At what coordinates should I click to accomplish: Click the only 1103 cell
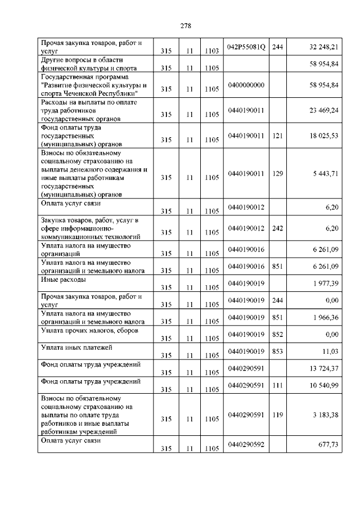click(211, 51)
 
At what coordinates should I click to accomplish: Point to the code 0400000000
click(246, 84)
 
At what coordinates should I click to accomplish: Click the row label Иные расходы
click(63, 280)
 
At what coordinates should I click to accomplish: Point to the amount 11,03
click(330, 351)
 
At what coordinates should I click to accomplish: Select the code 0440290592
click(246, 444)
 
